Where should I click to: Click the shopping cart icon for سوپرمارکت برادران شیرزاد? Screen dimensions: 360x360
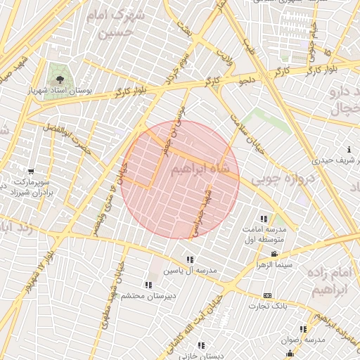(30, 171)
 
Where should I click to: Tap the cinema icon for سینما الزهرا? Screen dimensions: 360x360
(274, 255)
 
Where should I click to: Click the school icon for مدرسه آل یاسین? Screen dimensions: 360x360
(191, 260)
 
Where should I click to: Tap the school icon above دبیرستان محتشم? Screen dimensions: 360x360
(148, 285)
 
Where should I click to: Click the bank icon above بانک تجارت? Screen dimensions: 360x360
(267, 295)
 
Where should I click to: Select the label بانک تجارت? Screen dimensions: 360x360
(267, 307)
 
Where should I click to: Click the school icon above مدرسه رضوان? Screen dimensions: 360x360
(303, 328)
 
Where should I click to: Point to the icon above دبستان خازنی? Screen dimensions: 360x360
(201, 345)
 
